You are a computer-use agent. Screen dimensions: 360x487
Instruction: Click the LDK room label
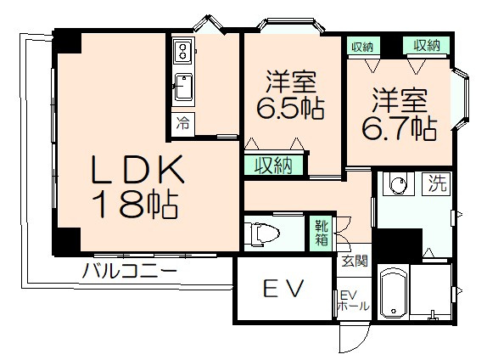pyautogui.click(x=138, y=173)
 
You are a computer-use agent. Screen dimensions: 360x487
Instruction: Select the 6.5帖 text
pyautogui.click(x=292, y=109)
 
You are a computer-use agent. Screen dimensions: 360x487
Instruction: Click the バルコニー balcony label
pyautogui.click(x=130, y=273)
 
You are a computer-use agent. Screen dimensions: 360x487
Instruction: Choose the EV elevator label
pyautogui.click(x=283, y=290)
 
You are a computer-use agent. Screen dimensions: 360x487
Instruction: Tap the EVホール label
pyautogui.click(x=351, y=301)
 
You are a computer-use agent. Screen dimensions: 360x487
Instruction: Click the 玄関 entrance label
pyautogui.click(x=355, y=261)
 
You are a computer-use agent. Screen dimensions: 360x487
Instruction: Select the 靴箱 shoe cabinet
pyautogui.click(x=323, y=231)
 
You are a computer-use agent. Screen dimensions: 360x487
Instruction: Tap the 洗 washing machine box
pyautogui.click(x=436, y=182)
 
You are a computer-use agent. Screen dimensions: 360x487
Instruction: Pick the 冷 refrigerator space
pyautogui.click(x=182, y=122)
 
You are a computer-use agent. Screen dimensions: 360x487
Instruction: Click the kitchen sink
pyautogui.click(x=182, y=85)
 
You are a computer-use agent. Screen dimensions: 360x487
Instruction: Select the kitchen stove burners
pyautogui.click(x=182, y=53)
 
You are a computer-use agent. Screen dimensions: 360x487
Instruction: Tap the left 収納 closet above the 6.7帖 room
pyautogui.click(x=363, y=46)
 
